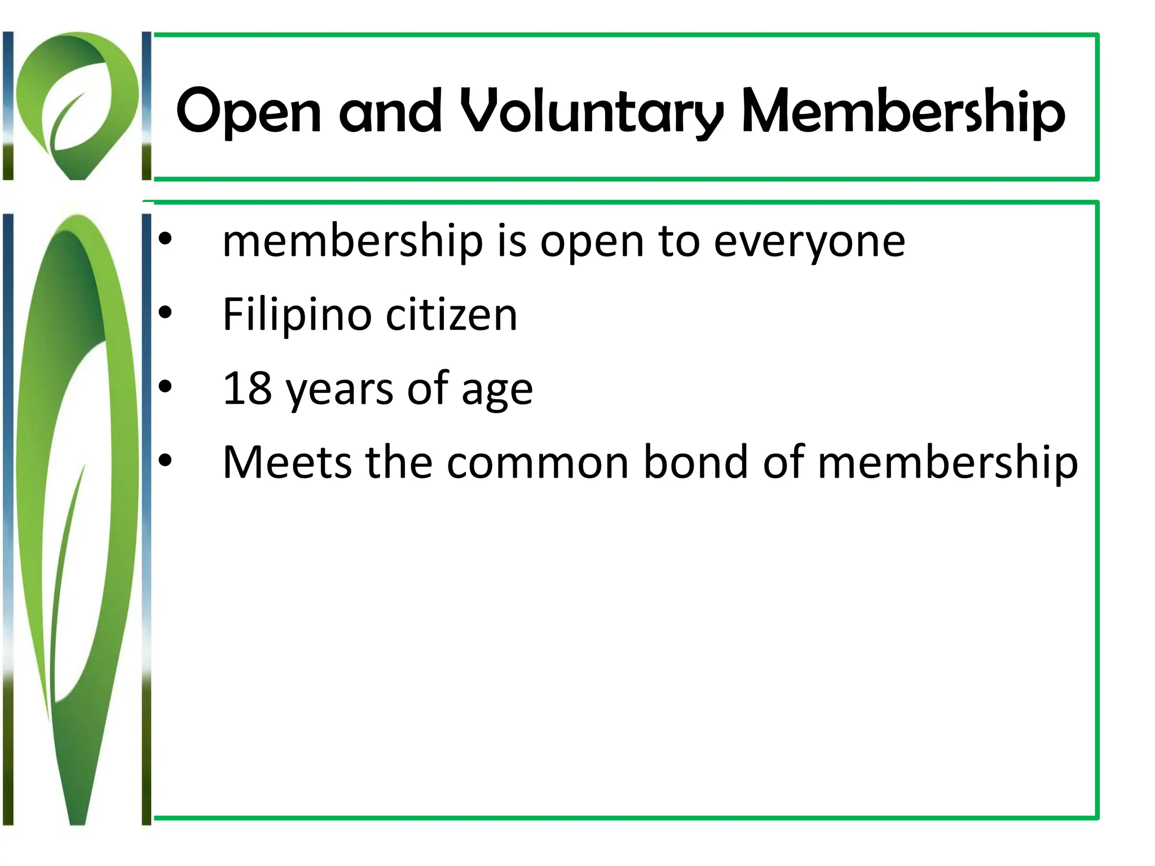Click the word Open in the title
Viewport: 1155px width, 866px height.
point(249,111)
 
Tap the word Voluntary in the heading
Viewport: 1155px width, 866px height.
point(592,111)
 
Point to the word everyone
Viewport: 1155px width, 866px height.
point(809,242)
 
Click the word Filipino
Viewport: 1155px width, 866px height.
point(297,315)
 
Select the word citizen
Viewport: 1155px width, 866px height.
point(451,315)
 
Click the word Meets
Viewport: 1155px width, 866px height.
point(288,462)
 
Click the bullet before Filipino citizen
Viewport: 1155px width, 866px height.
point(165,313)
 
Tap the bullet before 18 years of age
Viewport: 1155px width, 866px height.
point(165,387)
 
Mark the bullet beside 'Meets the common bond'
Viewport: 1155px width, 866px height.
point(165,461)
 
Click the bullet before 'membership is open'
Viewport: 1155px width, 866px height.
point(165,240)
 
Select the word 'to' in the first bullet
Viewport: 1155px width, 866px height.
point(678,241)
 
